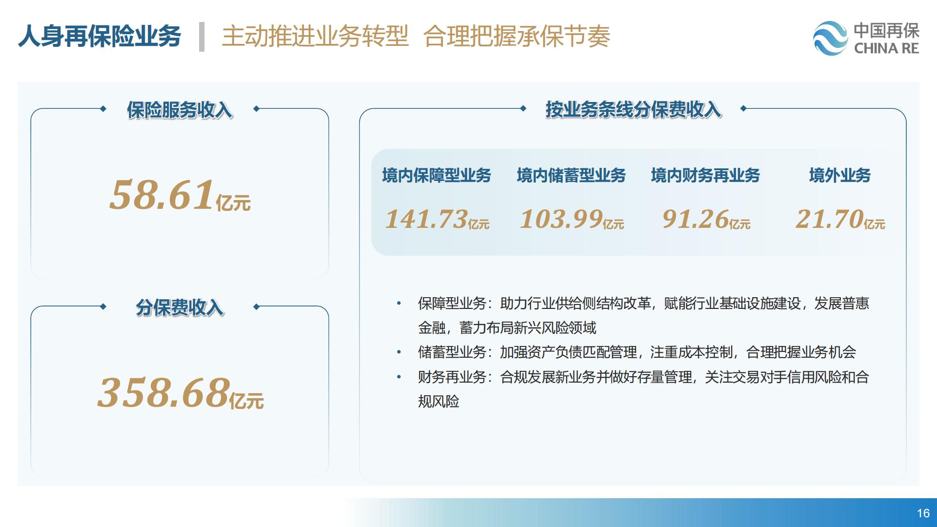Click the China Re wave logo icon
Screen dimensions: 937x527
[x=831, y=38]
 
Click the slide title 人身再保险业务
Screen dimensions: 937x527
[x=100, y=36]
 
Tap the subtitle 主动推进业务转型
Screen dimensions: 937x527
[x=315, y=36]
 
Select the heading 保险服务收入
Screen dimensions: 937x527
[x=180, y=110]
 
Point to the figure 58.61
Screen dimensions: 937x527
[x=162, y=195]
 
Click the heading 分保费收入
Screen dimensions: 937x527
[x=180, y=307]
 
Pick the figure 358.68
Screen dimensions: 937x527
[x=163, y=392]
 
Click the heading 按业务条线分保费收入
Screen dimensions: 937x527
[x=633, y=110]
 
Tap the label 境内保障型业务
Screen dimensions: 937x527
[x=437, y=175]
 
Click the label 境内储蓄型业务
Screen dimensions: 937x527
[x=571, y=175]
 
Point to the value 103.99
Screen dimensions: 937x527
[x=562, y=219]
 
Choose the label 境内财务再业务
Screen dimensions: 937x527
[x=706, y=175]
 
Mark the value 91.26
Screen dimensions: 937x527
[x=695, y=219]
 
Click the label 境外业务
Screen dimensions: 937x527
[x=840, y=175]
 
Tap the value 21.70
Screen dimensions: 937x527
[x=830, y=219]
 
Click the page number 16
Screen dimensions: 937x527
[x=923, y=513]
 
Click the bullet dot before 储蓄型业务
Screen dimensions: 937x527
[x=399, y=352]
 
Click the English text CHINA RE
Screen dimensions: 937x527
[x=886, y=48]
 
